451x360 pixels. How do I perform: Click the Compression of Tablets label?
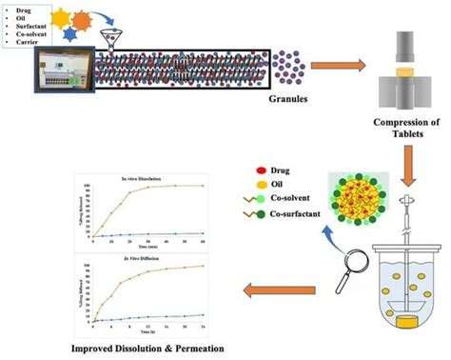click(x=399, y=128)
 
